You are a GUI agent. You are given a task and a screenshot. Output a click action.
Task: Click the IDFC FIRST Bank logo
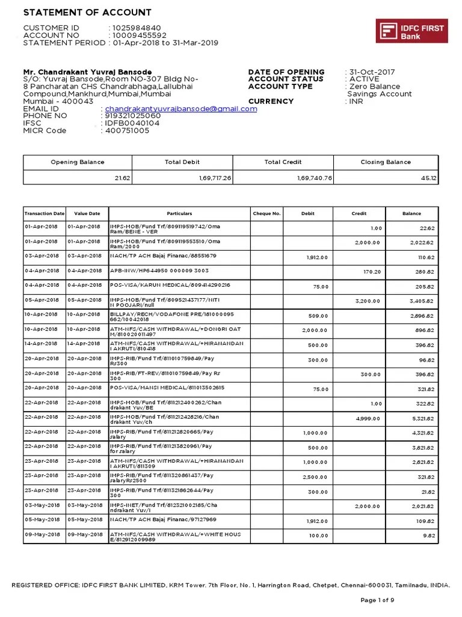click(x=411, y=31)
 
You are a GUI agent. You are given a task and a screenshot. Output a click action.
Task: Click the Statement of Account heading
click(x=87, y=13)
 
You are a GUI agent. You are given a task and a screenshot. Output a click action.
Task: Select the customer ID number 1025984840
click(x=135, y=28)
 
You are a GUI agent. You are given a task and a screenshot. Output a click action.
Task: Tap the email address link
click(x=181, y=109)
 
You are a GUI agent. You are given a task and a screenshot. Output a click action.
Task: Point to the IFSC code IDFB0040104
click(x=132, y=124)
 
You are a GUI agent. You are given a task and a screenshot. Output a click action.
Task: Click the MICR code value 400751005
click(x=128, y=131)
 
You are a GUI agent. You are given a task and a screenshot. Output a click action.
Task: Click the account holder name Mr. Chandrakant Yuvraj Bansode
click(x=87, y=72)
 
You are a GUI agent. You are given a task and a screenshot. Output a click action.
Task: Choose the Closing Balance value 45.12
click(x=428, y=178)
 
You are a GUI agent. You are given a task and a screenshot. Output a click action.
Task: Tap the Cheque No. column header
click(x=266, y=213)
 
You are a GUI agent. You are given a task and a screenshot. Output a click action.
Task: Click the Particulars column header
click(x=179, y=213)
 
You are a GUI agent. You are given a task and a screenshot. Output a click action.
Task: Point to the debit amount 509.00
click(x=319, y=315)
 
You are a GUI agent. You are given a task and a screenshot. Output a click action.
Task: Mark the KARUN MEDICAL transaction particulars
click(x=170, y=284)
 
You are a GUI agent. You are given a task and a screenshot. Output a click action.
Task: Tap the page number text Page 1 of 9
click(x=377, y=600)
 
